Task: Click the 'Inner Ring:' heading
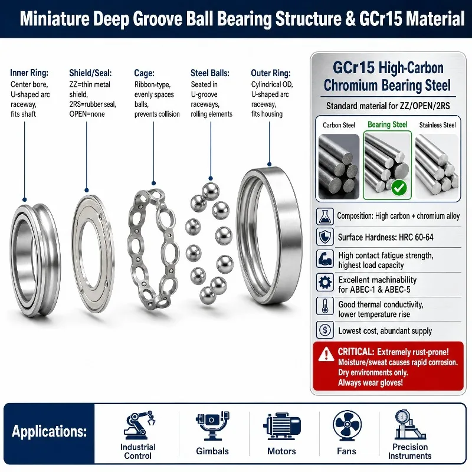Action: (x=29, y=73)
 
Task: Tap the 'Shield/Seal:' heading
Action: (x=90, y=73)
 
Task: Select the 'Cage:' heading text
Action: (x=144, y=73)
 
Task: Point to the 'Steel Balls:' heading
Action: (x=210, y=73)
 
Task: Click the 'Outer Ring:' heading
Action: (x=271, y=73)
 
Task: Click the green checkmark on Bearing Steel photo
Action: (x=399, y=188)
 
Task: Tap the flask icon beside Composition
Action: (x=325, y=217)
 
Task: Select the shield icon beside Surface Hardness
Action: (x=325, y=237)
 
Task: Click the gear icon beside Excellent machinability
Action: (x=325, y=283)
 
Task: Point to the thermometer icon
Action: (x=325, y=306)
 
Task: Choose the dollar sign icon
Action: (x=325, y=330)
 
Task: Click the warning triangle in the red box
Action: (x=326, y=355)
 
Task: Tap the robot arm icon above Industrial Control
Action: (x=139, y=425)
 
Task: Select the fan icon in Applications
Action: (x=347, y=425)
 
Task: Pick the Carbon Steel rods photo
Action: (x=339, y=166)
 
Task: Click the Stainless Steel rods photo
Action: (x=437, y=166)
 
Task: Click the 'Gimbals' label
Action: (x=212, y=451)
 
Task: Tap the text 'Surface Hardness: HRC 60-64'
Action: (x=386, y=237)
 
